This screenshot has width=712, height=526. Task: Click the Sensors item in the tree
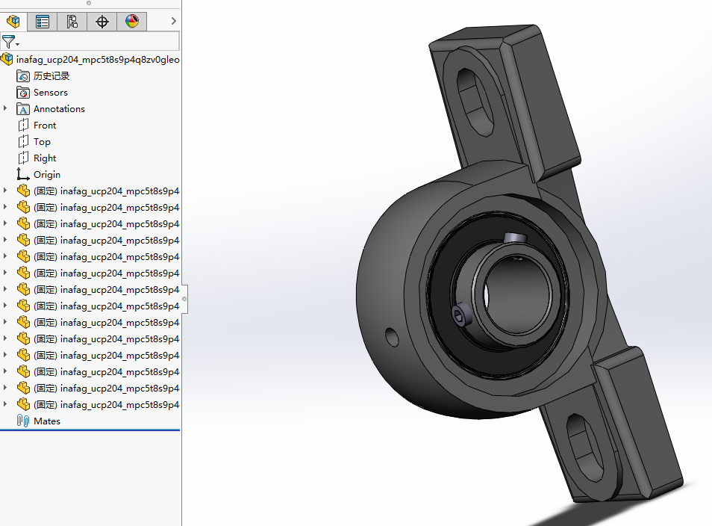coord(50,93)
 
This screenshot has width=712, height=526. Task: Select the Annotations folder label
coord(59,109)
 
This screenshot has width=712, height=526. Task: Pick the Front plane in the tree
coord(45,126)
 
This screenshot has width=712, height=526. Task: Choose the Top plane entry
coord(42,142)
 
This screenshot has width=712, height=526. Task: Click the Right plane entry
coord(45,158)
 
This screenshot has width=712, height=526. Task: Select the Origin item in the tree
coord(47,175)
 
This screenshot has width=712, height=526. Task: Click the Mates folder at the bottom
coord(46,421)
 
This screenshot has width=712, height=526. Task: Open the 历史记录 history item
coord(51,76)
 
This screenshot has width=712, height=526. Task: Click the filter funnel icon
coord(8,42)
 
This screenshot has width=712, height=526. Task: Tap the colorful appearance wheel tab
coord(132,22)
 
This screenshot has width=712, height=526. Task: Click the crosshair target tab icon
coord(102,22)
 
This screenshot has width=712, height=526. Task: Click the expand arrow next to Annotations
coord(6,109)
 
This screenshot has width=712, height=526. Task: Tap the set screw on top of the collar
coord(514,238)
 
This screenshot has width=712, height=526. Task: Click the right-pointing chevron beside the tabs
coord(173,22)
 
